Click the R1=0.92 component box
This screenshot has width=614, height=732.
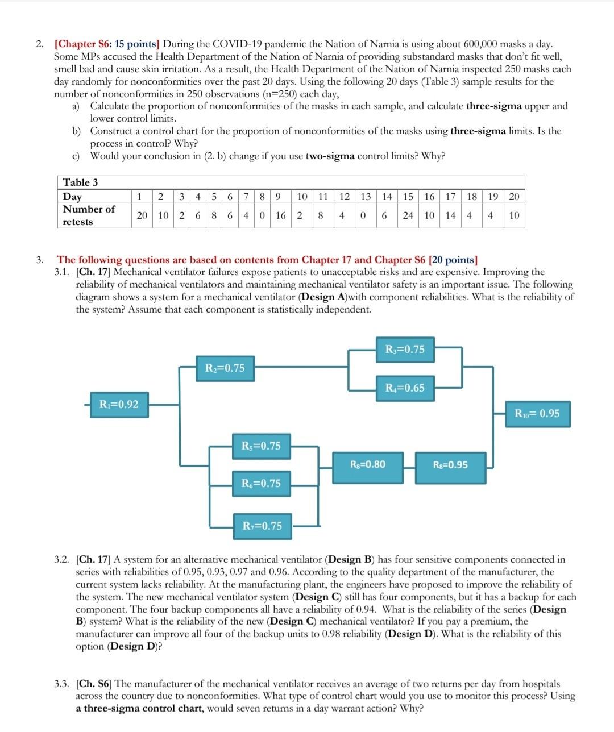pos(119,405)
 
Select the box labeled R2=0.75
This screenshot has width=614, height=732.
pos(225,368)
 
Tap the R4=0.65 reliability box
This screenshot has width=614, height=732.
pos(405,388)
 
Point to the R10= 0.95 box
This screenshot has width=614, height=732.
pos(537,414)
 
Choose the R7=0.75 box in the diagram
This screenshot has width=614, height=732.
pos(262,526)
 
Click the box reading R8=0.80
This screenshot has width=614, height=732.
pos(368,464)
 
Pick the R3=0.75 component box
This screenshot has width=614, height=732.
pos(405,350)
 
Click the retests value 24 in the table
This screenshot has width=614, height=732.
pos(408,215)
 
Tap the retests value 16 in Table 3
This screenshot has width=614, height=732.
pos(281,215)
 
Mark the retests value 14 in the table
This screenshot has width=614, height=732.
pos(450,215)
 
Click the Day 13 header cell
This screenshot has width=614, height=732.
pos(366,197)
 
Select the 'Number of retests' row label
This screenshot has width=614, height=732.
pos(89,215)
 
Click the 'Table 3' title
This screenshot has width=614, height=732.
pos(80,182)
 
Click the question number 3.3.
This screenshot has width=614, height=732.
pos(62,684)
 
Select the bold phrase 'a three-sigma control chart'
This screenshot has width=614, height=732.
pos(140,708)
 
